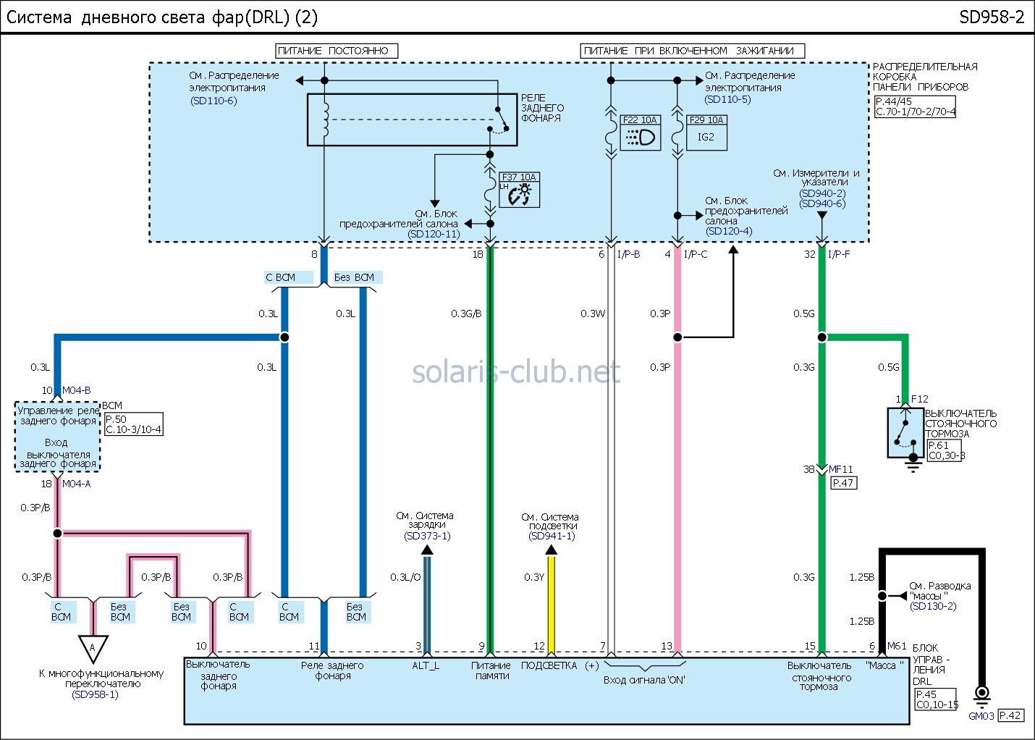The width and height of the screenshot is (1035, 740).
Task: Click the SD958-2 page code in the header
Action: (992, 17)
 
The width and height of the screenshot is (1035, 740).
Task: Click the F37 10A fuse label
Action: (519, 177)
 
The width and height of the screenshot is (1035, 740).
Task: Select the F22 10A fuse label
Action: (640, 120)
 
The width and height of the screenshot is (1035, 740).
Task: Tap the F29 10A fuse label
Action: (706, 120)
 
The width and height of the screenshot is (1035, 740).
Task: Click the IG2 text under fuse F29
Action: (706, 137)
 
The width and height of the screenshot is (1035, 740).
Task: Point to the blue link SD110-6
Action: (214, 101)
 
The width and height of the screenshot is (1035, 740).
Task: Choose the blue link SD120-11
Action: (434, 234)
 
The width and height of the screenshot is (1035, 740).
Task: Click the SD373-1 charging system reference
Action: (427, 536)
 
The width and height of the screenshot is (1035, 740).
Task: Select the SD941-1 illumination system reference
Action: (552, 536)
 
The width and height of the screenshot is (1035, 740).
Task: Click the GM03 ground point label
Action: (981, 716)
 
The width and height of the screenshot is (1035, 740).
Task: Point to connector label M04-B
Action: (76, 390)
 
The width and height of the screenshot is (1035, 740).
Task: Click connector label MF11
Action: (841, 469)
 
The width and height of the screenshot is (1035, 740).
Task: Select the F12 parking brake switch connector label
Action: (919, 399)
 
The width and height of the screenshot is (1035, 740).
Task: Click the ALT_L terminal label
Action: (426, 665)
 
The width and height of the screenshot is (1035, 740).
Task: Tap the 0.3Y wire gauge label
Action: (534, 577)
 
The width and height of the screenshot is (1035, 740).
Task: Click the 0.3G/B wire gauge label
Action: (466, 314)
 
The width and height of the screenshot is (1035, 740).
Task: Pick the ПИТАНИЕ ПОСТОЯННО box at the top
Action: (337, 51)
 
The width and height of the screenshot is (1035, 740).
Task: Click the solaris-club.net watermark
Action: (516, 372)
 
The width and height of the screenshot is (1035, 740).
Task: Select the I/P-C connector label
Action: (696, 254)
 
